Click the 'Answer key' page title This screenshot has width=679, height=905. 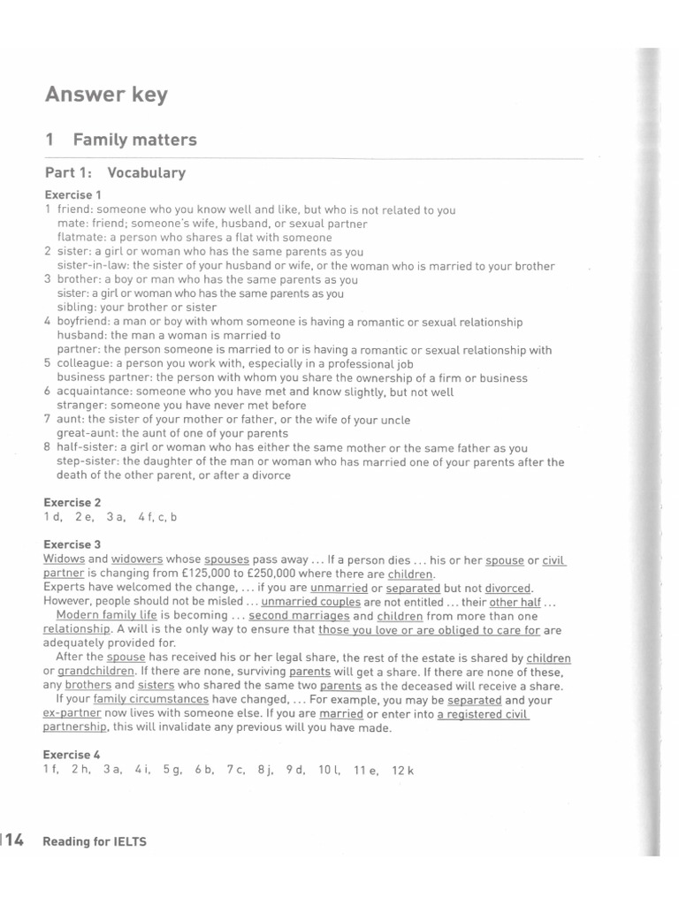pos(106,95)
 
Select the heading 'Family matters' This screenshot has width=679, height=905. pos(134,140)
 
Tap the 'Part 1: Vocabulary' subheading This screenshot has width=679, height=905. pos(115,173)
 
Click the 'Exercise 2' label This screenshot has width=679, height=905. pos(72,502)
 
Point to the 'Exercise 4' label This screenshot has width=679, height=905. pos(72,755)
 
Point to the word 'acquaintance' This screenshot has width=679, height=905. pos(94,392)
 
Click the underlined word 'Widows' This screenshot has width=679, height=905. pos(63,560)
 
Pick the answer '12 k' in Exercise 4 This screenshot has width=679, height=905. pos(403,771)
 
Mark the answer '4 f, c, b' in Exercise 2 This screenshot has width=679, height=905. pos(158,517)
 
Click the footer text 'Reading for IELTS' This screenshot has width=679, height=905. pos(95,842)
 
